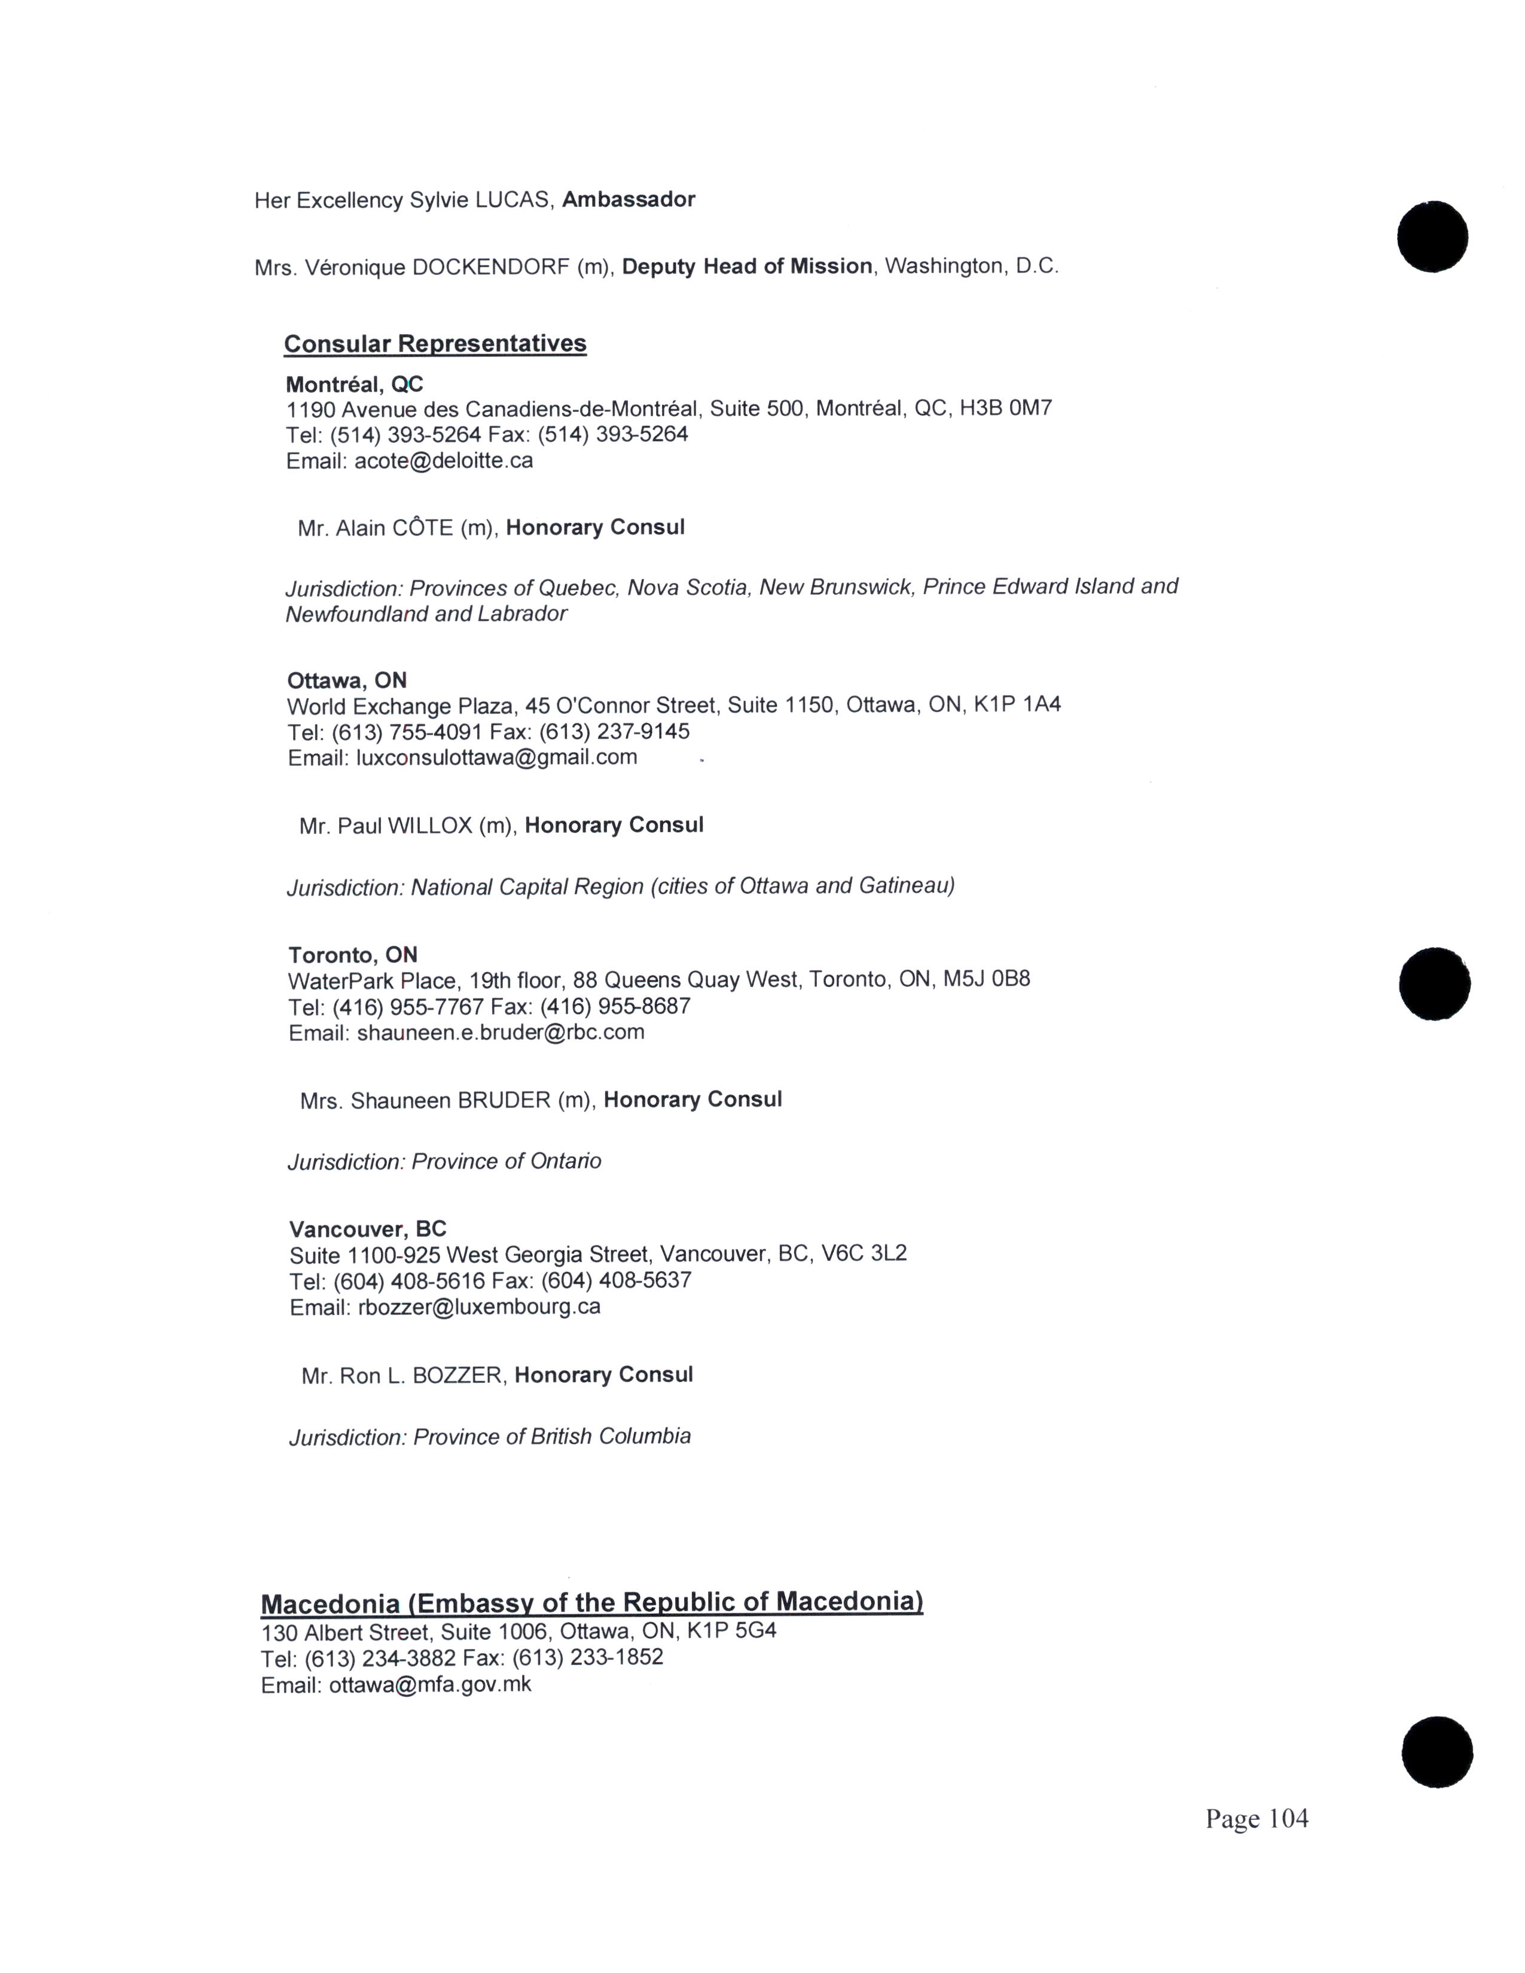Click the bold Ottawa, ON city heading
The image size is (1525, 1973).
[347, 680]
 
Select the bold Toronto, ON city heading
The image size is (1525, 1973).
[352, 955]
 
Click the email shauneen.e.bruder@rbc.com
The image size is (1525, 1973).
[501, 1032]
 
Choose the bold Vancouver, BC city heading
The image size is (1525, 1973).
[368, 1229]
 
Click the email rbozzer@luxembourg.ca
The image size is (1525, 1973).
[479, 1306]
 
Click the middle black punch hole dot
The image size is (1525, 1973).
[1433, 984]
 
